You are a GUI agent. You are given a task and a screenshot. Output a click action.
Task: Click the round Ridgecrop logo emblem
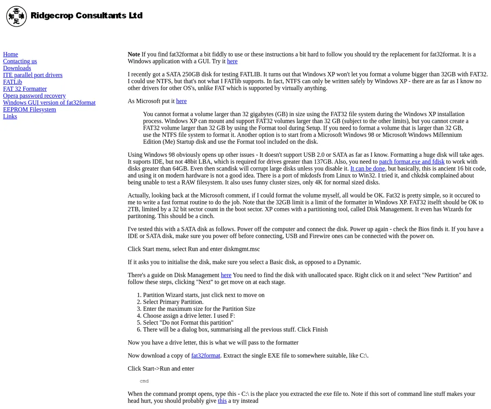(x=16, y=16)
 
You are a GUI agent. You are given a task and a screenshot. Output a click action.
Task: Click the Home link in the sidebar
(x=11, y=54)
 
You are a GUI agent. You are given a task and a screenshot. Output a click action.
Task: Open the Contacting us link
(x=20, y=61)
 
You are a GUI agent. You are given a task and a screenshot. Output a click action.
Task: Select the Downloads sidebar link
(x=17, y=68)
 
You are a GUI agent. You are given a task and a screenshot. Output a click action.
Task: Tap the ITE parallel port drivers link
(x=33, y=75)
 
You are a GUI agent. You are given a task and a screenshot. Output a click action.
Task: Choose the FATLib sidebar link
(x=13, y=82)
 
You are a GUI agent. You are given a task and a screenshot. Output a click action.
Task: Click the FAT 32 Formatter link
(x=25, y=89)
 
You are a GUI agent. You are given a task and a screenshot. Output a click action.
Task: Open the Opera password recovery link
(x=34, y=96)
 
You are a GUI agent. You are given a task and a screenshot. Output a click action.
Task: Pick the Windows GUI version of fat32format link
(x=49, y=103)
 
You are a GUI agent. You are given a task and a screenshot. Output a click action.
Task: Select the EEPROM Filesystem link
(x=29, y=110)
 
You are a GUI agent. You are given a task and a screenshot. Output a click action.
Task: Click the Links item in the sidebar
(x=10, y=117)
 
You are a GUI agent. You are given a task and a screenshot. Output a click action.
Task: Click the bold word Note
(x=134, y=54)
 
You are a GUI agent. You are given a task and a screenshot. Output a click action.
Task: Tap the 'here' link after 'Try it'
(x=232, y=61)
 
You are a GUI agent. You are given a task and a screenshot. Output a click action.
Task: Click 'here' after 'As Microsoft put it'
(x=181, y=101)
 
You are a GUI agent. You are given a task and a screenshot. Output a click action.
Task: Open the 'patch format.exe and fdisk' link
(x=412, y=162)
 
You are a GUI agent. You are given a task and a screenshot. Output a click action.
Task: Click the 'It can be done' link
(x=367, y=169)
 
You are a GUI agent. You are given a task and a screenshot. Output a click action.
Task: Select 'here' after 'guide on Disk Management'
(x=226, y=275)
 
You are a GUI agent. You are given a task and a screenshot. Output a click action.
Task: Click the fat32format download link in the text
(x=205, y=356)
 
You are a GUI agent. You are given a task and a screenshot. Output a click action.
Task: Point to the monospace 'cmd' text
(x=144, y=381)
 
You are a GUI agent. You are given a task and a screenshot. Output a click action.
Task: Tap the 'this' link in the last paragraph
(x=222, y=401)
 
